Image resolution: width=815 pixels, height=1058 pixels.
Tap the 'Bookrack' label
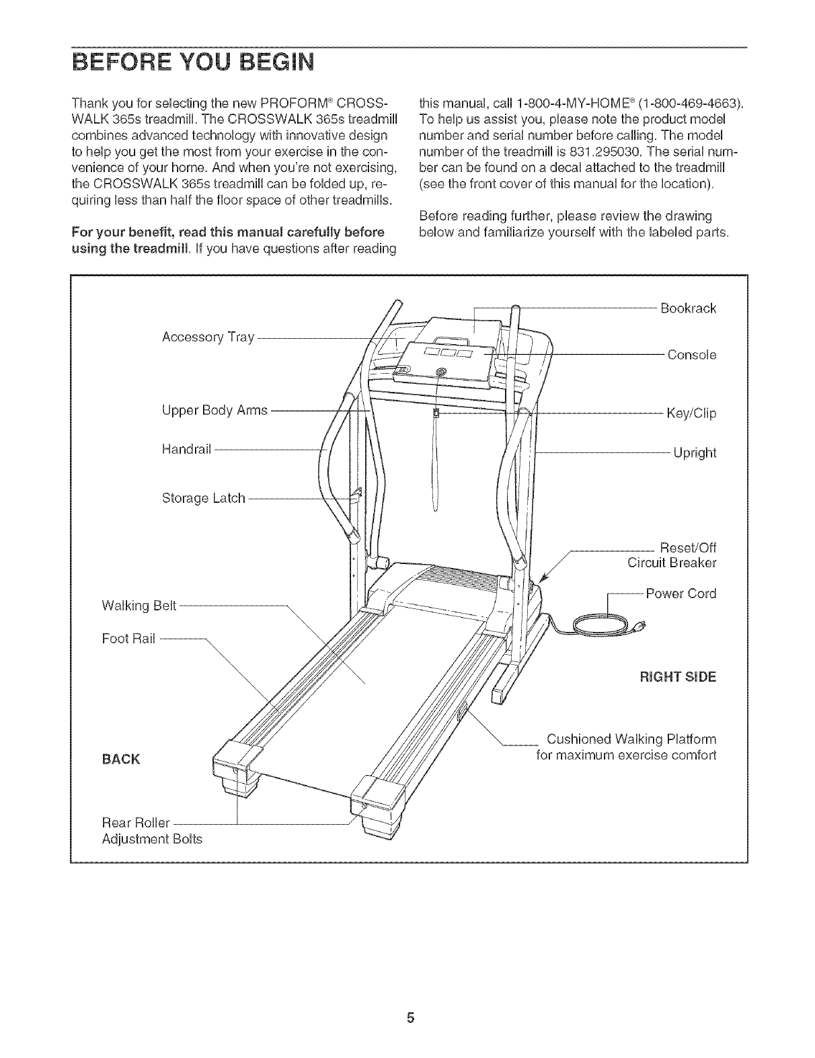(x=688, y=309)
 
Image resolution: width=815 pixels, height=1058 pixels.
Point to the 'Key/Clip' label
(x=691, y=413)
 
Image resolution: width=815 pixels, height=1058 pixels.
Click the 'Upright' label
(x=695, y=452)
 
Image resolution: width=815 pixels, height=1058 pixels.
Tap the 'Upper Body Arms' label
(x=215, y=410)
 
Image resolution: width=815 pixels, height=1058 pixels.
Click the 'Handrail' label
(x=187, y=448)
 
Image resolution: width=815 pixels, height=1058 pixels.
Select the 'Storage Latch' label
(x=204, y=499)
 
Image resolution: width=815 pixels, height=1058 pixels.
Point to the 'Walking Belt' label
(x=139, y=606)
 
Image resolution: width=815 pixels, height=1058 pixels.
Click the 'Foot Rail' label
(x=128, y=639)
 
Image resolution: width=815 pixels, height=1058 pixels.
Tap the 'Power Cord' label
(x=681, y=594)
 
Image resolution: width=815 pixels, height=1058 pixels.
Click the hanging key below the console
(x=436, y=413)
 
